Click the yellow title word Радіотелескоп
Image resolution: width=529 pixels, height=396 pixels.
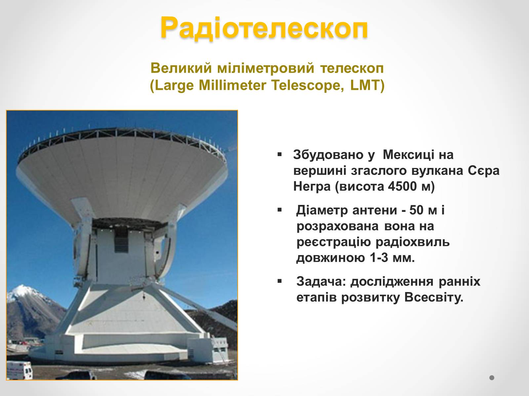pos(264,28)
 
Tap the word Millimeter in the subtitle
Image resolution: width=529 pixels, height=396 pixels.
pos(232,85)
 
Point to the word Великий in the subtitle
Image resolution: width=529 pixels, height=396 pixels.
pos(181,68)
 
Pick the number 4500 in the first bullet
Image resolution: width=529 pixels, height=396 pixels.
pos(402,186)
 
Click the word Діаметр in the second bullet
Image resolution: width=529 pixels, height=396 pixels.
pos(322,210)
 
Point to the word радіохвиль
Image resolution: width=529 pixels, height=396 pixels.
pos(413,242)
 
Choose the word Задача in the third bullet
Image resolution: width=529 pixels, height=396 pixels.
pos(319,281)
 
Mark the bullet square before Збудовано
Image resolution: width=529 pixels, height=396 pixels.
pos(280,154)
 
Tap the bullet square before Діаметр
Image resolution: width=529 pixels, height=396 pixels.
pos(280,210)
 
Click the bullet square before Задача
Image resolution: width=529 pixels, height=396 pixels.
pos(280,281)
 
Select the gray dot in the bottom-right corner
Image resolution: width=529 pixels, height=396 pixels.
pos(492,378)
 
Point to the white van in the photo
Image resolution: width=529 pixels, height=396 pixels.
pos(19,370)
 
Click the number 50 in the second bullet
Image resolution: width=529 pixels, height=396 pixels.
pos(417,210)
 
